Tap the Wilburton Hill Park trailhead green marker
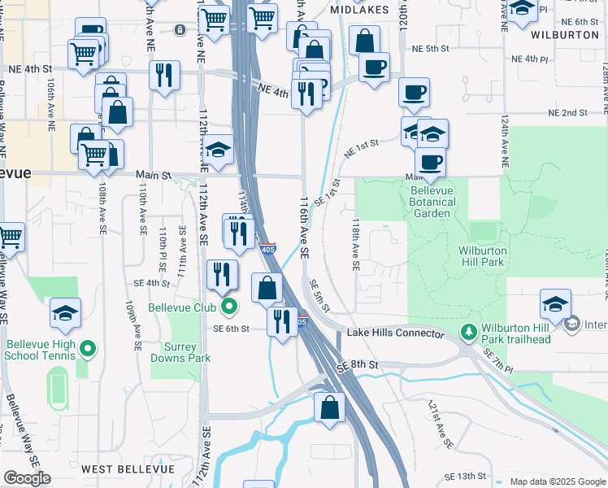tap(468, 333)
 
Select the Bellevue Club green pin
tap(229, 307)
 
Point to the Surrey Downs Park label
tap(180, 351)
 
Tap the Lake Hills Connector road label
tap(395, 333)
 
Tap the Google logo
tap(26, 478)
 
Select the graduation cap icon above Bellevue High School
tap(66, 312)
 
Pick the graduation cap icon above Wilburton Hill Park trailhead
tap(555, 304)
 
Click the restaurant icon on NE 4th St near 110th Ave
tap(165, 75)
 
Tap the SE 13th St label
tap(465, 476)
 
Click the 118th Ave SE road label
tap(355, 243)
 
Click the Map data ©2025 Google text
tap(557, 481)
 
